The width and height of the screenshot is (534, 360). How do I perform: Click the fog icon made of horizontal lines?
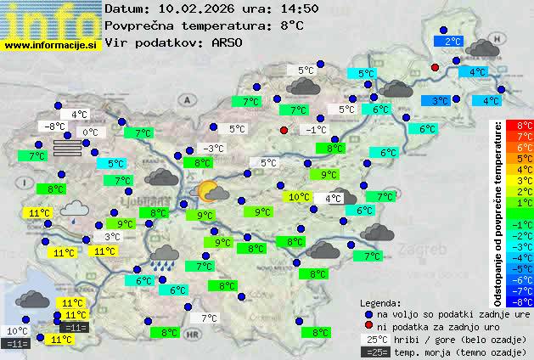(68, 148)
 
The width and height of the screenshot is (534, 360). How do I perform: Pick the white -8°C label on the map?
(53, 127)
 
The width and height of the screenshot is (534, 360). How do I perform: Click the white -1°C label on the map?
(314, 130)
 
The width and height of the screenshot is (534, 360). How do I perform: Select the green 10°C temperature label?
(298, 197)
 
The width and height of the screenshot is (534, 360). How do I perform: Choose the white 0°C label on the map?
(90, 132)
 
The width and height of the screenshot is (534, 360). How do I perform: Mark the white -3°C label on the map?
(213, 149)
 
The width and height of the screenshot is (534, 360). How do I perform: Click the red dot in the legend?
(368, 326)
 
